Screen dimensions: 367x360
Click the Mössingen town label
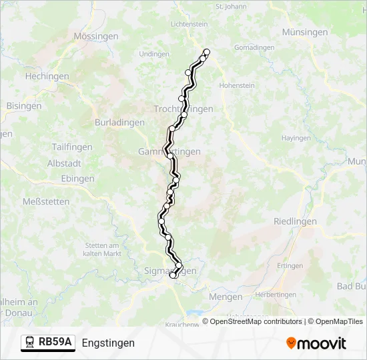tap(96, 37)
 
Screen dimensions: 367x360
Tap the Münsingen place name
tap(305, 32)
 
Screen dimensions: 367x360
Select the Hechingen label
tap(47, 77)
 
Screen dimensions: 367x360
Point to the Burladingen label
tap(119, 123)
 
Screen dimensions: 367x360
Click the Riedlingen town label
tap(294, 221)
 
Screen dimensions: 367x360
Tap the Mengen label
tap(225, 297)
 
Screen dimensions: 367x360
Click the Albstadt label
tap(64, 164)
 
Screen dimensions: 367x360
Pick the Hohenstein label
tap(237, 86)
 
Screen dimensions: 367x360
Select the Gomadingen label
tap(254, 48)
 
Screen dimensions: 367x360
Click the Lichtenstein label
tap(190, 24)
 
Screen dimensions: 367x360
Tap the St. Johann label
tap(231, 7)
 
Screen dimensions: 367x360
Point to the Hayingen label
tap(296, 138)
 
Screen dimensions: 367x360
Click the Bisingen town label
tap(23, 106)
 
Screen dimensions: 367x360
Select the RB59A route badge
tap(48, 342)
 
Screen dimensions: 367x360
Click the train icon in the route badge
tap(31, 342)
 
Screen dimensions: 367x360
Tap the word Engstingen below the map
tap(108, 343)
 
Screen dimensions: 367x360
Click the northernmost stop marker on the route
tap(207, 52)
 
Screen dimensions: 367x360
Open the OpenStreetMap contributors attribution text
tap(256, 321)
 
